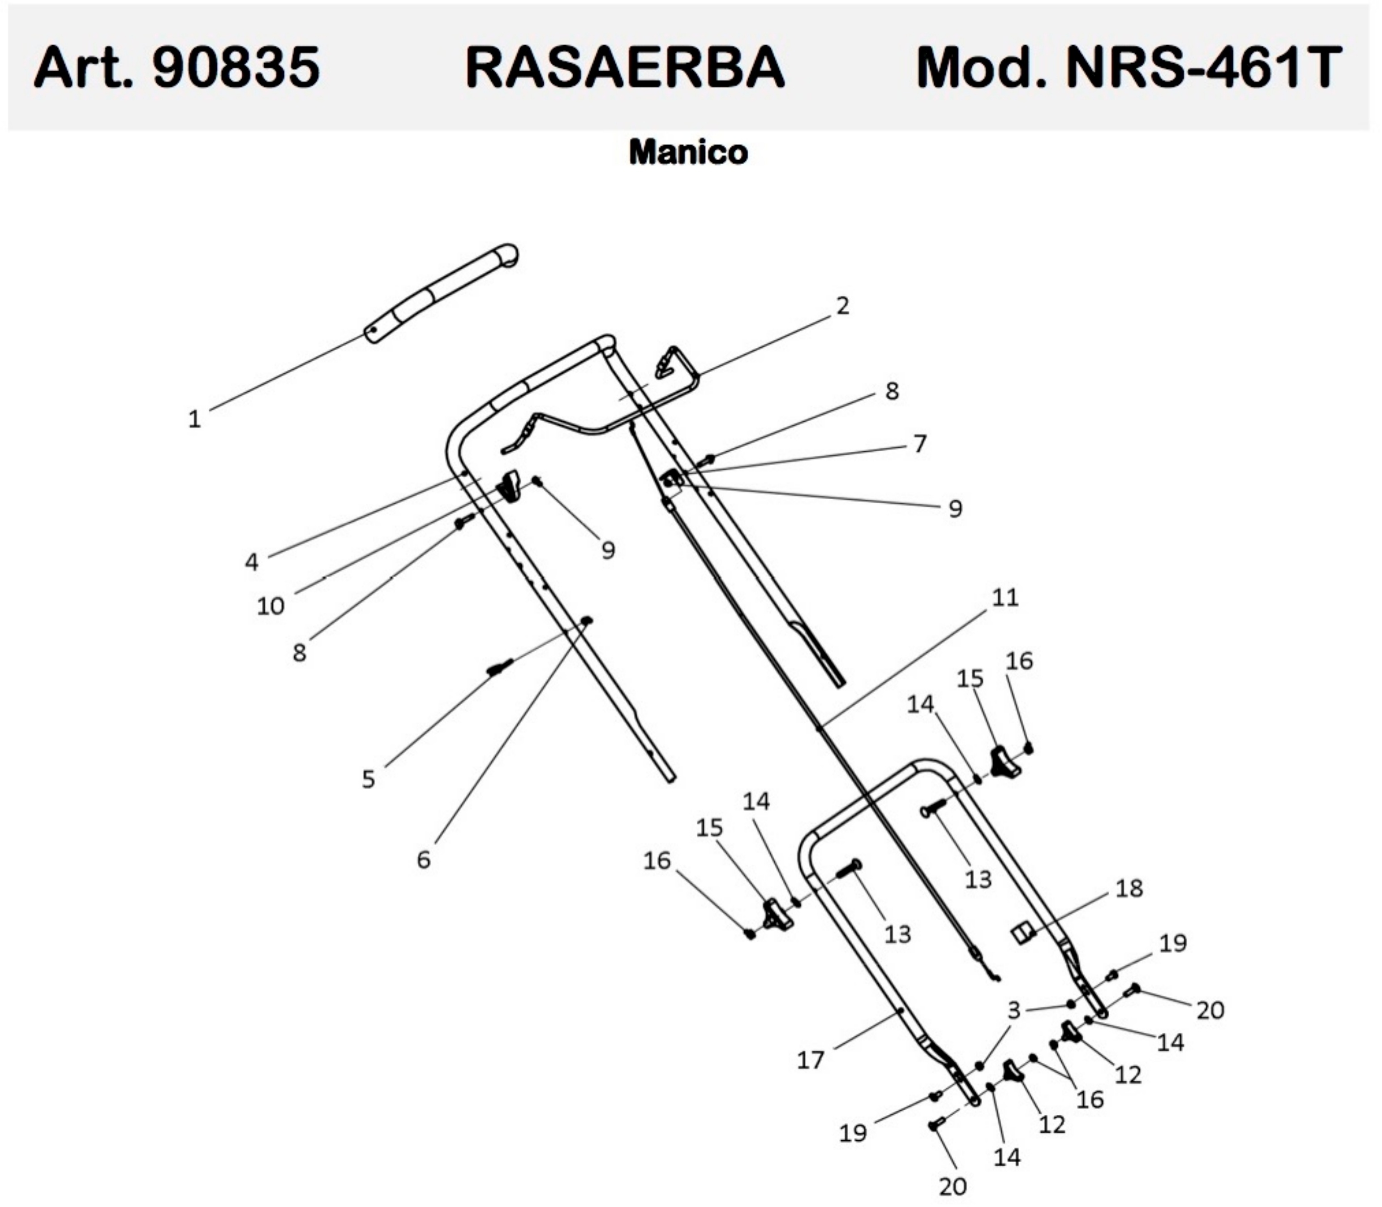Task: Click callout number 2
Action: coord(842,306)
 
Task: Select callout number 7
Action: coord(920,443)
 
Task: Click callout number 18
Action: coord(1129,888)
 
